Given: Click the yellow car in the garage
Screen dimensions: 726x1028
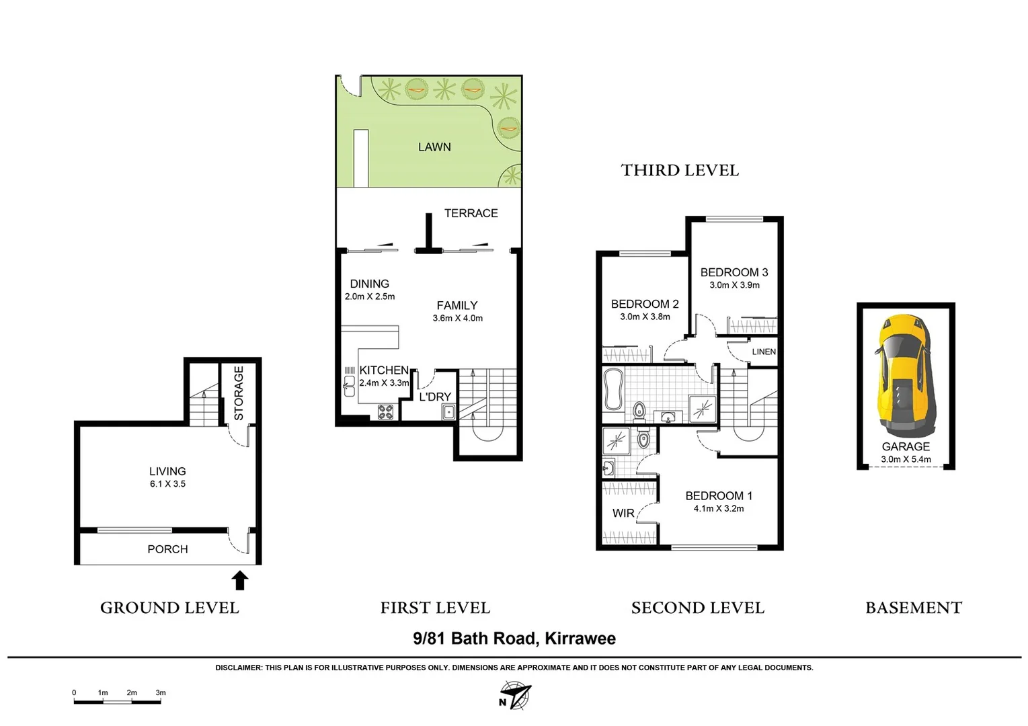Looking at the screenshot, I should click(x=905, y=376).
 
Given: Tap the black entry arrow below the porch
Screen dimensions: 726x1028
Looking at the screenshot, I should click(x=240, y=580).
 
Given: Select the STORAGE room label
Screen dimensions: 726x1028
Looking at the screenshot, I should click(x=239, y=393).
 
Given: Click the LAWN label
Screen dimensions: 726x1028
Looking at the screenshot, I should click(x=434, y=147).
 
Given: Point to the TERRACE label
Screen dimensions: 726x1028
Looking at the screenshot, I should click(x=471, y=213).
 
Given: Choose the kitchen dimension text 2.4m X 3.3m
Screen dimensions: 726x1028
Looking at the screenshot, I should click(x=384, y=383).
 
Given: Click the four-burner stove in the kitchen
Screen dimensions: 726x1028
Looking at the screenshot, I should click(x=385, y=411).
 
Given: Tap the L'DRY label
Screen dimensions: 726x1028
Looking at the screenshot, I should click(x=435, y=397).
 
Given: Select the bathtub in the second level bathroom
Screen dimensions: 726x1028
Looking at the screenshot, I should click(x=613, y=391).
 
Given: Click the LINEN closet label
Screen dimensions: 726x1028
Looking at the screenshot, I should click(x=764, y=352).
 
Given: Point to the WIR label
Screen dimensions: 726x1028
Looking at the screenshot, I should click(x=623, y=513).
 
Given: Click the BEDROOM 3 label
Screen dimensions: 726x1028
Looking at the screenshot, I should click(x=734, y=272).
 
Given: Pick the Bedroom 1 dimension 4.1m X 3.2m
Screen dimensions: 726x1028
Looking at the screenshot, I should click(x=719, y=509).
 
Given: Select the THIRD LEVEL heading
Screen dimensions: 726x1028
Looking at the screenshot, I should click(x=680, y=171).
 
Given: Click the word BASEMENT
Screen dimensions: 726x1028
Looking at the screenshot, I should click(x=914, y=608).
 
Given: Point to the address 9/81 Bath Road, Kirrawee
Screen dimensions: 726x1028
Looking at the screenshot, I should click(x=514, y=639).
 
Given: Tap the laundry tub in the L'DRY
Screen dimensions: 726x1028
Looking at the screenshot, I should click(x=448, y=412).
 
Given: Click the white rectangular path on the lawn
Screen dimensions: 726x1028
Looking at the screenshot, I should click(x=361, y=158).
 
